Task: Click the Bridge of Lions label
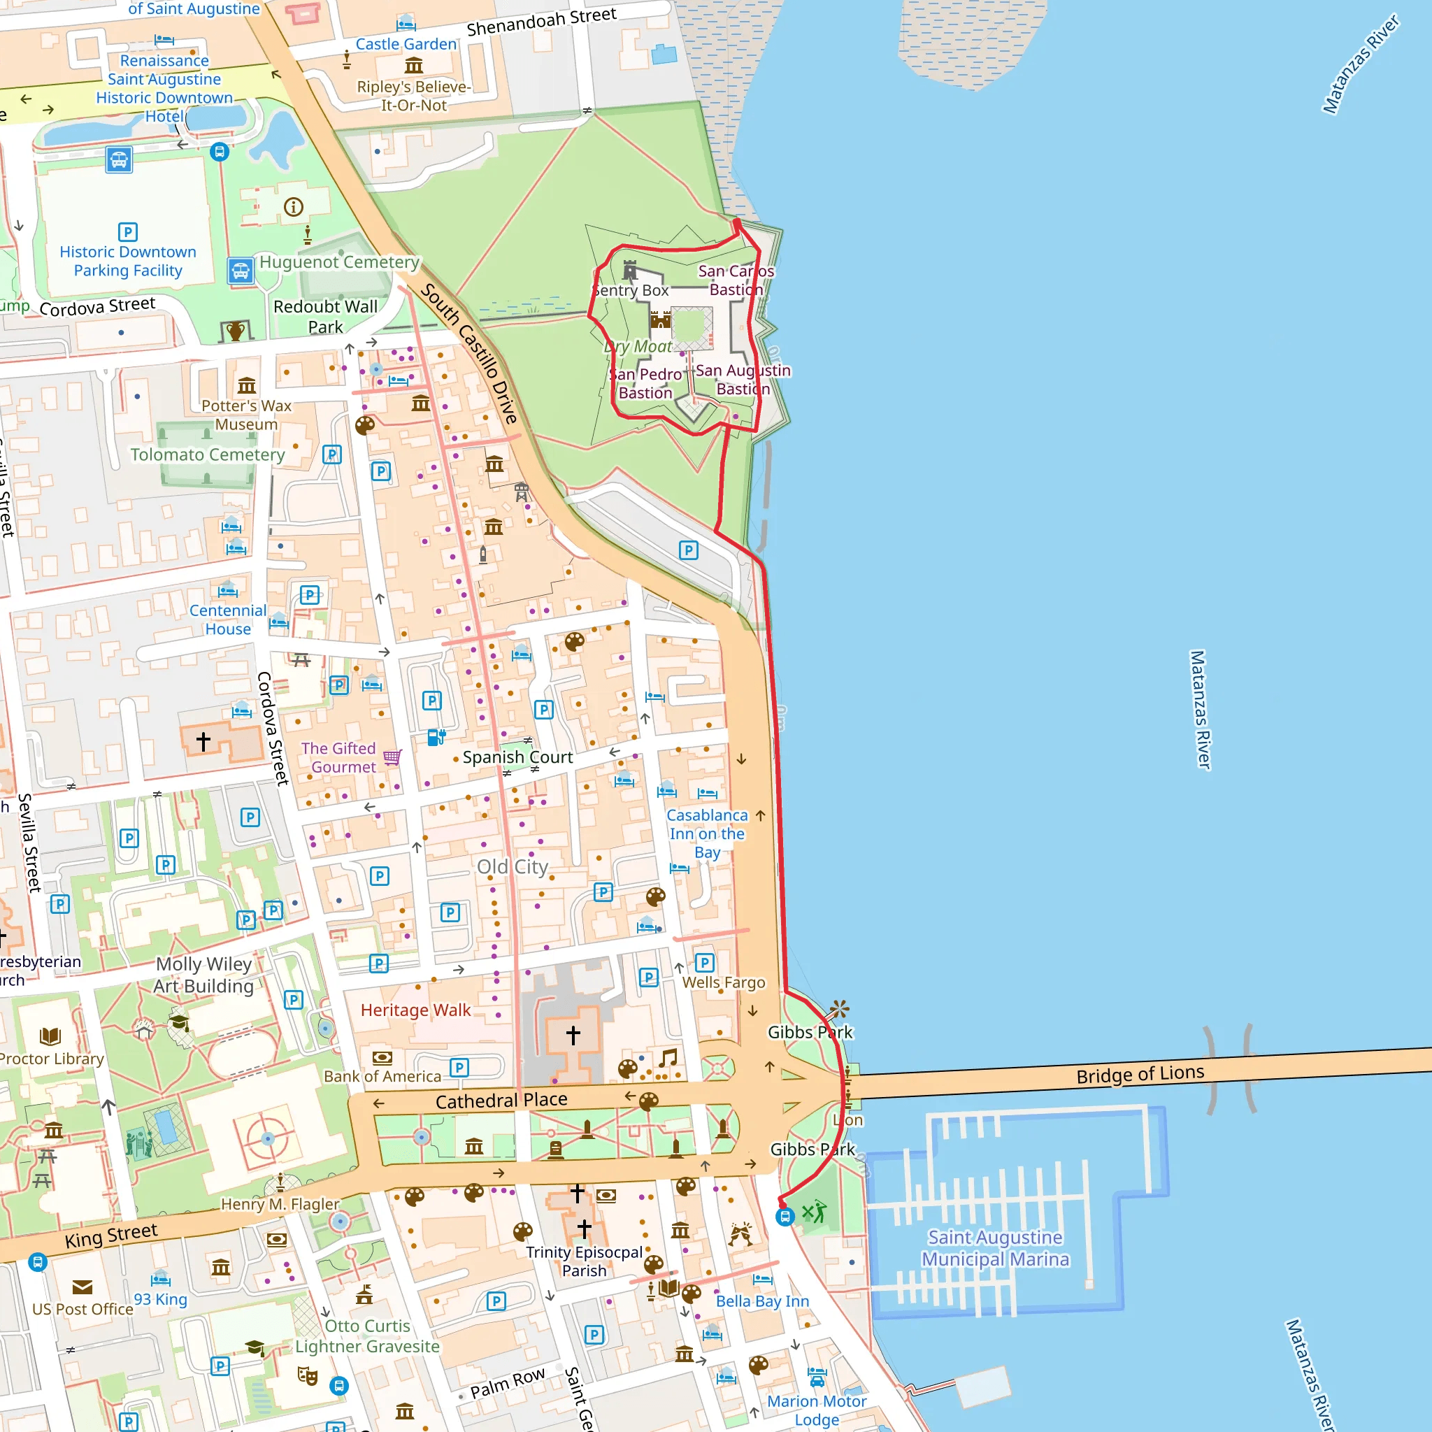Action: click(1139, 1073)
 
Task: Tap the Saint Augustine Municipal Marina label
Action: click(995, 1248)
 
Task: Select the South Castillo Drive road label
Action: click(468, 353)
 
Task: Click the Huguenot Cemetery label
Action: click(338, 262)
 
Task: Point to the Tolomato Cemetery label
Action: click(208, 454)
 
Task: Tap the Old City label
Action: click(512, 866)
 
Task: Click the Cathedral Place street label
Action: click(501, 1100)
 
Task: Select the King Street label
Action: click(111, 1236)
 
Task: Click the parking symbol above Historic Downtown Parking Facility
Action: click(127, 232)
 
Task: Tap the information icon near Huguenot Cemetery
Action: click(294, 207)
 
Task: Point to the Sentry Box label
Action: click(631, 291)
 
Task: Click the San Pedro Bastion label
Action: click(645, 383)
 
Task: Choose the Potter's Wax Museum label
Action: click(246, 415)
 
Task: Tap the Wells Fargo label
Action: click(724, 982)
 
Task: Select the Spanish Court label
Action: click(517, 757)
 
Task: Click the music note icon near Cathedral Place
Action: click(668, 1058)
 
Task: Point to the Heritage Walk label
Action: click(415, 1010)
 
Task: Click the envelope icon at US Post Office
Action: click(83, 1287)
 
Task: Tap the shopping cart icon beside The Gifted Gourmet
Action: click(392, 757)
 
